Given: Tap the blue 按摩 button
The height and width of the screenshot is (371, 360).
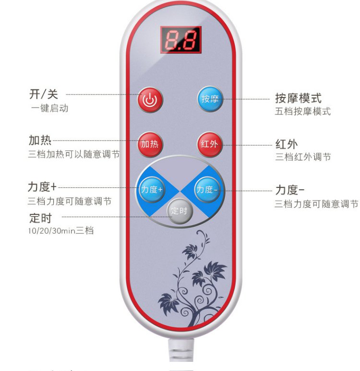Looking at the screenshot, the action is coord(210,99).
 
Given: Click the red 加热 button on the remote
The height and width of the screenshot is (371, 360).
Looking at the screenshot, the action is coord(151,144).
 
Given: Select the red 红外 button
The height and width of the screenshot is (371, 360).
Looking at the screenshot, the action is coord(210,144).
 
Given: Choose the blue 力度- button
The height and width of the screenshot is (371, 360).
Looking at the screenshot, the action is coord(207,189).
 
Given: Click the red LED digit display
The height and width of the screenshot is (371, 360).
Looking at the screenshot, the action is coord(180,40).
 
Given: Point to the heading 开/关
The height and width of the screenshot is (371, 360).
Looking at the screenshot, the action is coord(44,94).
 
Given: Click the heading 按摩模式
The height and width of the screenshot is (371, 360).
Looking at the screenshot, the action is coord(298,99).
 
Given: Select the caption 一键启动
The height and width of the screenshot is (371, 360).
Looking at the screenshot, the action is coord(50,108).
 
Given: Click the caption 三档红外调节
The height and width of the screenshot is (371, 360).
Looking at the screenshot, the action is coord(303,157).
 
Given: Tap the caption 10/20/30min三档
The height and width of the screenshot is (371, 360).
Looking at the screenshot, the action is coord(61,231).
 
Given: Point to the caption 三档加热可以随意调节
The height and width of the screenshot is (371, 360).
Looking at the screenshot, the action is coord(73,154).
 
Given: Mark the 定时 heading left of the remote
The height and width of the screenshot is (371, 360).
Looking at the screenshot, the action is coord(41,218).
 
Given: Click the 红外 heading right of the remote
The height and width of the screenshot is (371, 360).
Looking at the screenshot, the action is coord(287,144).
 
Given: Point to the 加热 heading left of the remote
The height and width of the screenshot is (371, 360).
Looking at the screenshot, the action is coord(40,140).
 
